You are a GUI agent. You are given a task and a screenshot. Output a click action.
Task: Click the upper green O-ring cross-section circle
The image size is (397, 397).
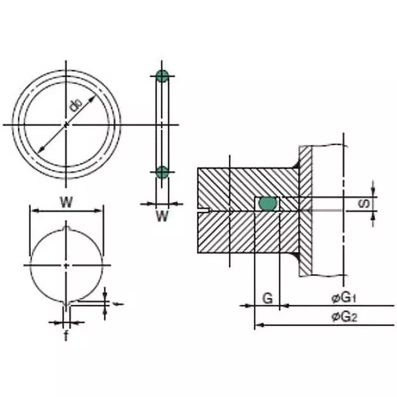pos(162,76)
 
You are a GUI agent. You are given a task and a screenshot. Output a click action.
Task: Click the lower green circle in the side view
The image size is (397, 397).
pos(162,172)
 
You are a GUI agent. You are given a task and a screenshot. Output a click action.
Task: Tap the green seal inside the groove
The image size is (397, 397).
pos(268,203)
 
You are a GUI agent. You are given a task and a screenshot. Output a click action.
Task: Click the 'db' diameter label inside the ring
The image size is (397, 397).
pos(75,106)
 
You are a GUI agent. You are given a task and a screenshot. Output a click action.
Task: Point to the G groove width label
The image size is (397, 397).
pos(267,299)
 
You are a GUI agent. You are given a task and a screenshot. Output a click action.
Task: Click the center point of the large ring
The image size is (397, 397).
pos(66,124)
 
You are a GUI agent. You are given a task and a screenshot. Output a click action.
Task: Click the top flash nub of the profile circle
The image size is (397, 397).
pos(66,229)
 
